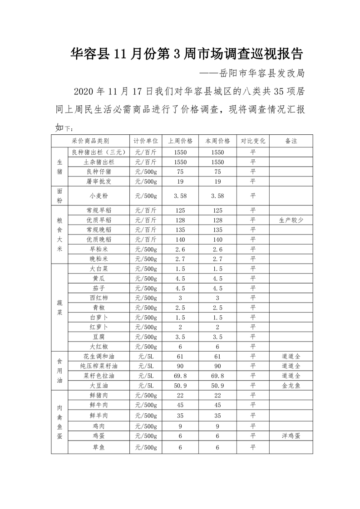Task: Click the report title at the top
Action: (187, 54)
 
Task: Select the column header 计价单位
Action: (145, 141)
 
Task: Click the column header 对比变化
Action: (253, 141)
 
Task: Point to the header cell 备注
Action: (291, 141)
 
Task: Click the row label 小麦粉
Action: (99, 196)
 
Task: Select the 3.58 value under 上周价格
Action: (180, 196)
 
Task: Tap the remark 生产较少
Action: (291, 220)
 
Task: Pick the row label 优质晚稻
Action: (99, 239)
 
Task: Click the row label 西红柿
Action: (99, 298)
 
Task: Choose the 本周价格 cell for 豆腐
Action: (218, 337)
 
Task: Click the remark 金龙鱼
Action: (291, 385)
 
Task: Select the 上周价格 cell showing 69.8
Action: (180, 376)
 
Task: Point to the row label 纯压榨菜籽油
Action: (99, 366)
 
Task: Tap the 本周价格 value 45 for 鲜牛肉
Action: (218, 405)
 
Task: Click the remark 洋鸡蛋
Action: (291, 436)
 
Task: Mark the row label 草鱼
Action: (99, 447)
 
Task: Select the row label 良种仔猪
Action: (99, 171)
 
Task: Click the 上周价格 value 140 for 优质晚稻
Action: (180, 239)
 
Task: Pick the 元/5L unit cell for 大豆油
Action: (145, 385)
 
